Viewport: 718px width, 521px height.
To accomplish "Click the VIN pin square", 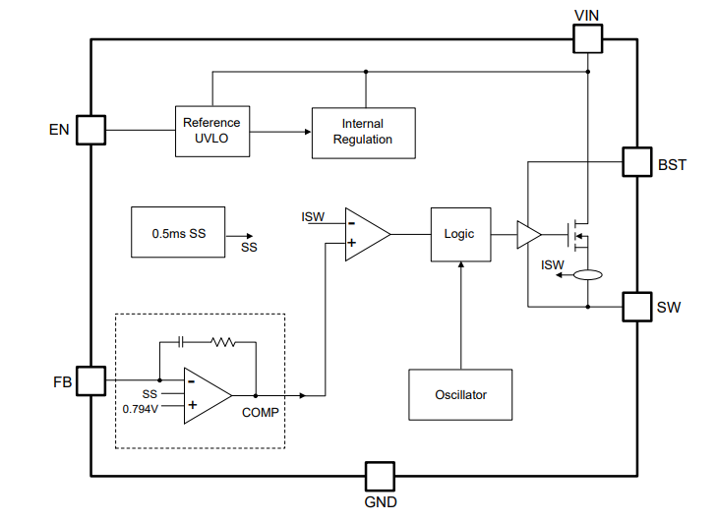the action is click(587, 39).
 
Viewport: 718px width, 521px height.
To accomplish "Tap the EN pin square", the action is click(90, 130).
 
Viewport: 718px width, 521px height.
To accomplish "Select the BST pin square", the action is click(637, 161).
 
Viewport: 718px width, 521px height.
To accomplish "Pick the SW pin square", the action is click(637, 307).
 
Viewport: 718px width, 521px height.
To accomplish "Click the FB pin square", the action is click(90, 380).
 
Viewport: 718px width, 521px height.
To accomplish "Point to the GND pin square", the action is click(380, 477).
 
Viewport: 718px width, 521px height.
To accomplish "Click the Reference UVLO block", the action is click(212, 132).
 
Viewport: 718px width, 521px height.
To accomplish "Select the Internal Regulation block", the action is click(364, 134).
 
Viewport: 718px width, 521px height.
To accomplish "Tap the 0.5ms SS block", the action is click(178, 232).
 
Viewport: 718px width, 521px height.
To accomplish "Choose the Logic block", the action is click(460, 234).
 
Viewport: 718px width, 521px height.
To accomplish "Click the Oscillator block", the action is click(460, 394).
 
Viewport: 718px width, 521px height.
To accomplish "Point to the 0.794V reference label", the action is click(140, 409).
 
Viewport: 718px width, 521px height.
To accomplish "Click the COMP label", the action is click(260, 413).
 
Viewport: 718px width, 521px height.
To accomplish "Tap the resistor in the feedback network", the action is click(223, 342).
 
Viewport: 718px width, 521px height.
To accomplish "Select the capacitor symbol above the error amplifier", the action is click(180, 342).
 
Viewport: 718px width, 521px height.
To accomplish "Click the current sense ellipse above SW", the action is click(588, 275).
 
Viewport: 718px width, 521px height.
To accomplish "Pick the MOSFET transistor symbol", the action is click(578, 236).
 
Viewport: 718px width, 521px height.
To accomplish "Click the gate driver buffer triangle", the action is click(529, 235).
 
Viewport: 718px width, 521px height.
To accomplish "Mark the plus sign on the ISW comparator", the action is click(352, 243).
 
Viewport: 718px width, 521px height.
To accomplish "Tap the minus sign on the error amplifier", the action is click(192, 381).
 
